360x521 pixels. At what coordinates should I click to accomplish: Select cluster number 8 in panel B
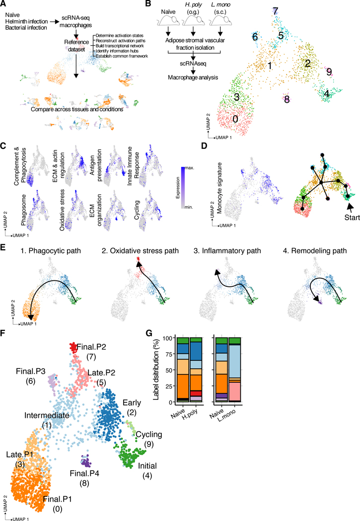pos(287,99)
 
